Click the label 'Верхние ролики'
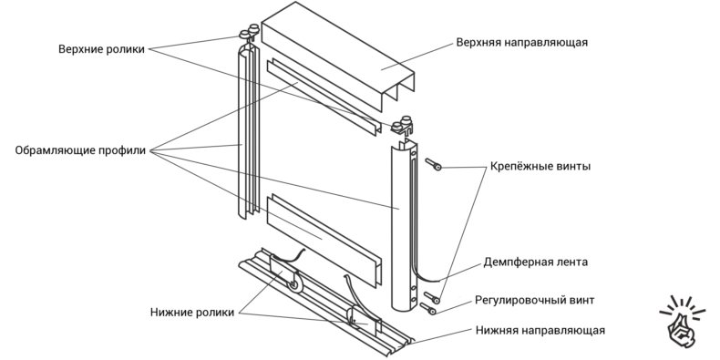point(101,49)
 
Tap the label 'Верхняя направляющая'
point(522,43)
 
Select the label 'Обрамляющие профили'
point(80,150)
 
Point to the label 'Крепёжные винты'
point(540,166)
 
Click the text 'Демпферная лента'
point(535,262)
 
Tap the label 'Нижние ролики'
point(192,313)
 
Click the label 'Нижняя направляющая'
point(540,330)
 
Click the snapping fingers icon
point(682,322)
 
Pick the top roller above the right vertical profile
point(403,126)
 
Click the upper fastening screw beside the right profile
point(433,164)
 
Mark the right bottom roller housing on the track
point(364,320)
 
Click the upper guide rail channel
point(338,55)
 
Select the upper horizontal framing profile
point(324,97)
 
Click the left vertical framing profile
point(249,133)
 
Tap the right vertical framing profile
point(403,225)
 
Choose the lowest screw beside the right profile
point(427,309)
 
